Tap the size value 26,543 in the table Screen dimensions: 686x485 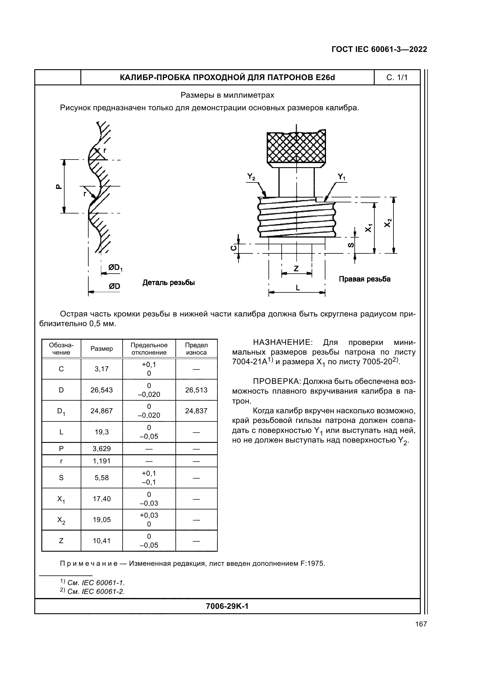click(x=102, y=390)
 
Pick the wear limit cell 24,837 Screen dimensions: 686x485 click(x=196, y=411)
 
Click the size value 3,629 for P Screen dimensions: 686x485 click(x=102, y=448)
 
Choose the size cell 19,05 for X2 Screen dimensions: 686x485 click(x=102, y=520)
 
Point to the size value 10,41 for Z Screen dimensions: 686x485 click(x=102, y=541)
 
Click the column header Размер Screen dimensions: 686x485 click(x=102, y=349)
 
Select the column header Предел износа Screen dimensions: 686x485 click(x=196, y=349)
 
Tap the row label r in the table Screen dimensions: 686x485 click(x=61, y=461)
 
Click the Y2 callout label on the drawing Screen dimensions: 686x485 click(x=251, y=177)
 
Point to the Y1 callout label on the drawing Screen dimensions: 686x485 click(x=341, y=177)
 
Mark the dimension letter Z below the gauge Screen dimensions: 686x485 click(x=296, y=269)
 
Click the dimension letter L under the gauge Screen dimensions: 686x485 click(x=298, y=288)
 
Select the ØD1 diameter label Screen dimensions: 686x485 click(x=115, y=268)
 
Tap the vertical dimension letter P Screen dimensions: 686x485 click(x=59, y=187)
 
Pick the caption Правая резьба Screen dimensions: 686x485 click(x=364, y=279)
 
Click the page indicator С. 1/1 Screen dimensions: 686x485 click(x=397, y=78)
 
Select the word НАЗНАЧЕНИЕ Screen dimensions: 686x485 click(x=282, y=342)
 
